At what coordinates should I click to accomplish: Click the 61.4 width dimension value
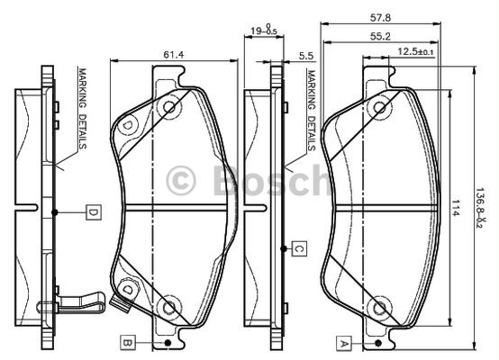point(174,55)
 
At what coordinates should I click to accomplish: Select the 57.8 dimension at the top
point(380,18)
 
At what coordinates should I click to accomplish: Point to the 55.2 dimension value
point(380,37)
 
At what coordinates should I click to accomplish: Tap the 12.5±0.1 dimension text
point(415,51)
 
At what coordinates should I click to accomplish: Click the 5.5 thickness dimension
point(306,56)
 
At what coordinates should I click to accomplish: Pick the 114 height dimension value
point(456,208)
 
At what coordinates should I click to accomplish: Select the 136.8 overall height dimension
point(479,207)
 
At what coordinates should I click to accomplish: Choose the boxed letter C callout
point(299,248)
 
